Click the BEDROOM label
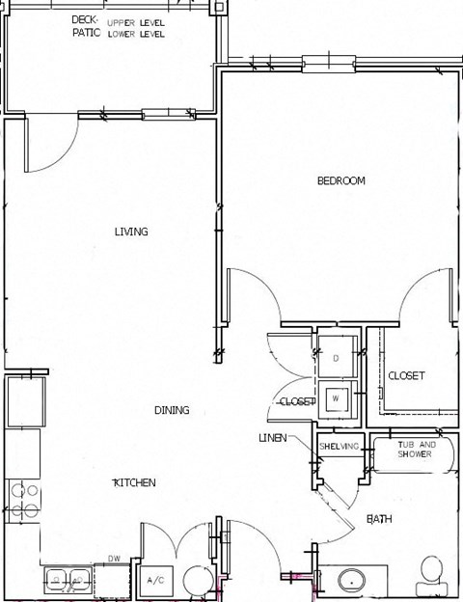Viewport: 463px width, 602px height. click(x=341, y=180)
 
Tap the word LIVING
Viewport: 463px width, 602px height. click(x=131, y=232)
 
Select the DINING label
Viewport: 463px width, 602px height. click(x=172, y=410)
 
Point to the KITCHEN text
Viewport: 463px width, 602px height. click(x=134, y=482)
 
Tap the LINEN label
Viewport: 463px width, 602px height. click(x=271, y=438)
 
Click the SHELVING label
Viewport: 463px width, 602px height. click(x=339, y=447)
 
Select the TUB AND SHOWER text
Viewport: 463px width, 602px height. click(x=417, y=450)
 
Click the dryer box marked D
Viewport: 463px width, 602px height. click(x=336, y=359)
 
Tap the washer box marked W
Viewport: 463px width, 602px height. click(x=336, y=397)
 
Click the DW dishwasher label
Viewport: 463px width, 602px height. click(x=114, y=559)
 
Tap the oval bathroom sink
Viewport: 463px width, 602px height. click(x=351, y=581)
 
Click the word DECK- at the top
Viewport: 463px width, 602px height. click(x=85, y=19)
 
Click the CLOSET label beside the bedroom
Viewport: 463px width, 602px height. click(x=406, y=375)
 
